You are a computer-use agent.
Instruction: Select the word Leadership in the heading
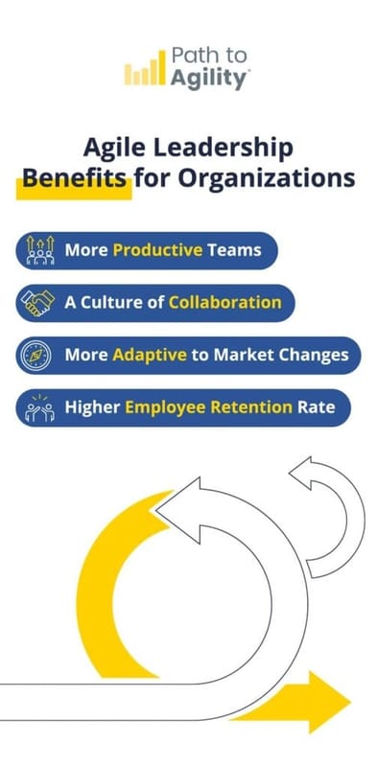234,149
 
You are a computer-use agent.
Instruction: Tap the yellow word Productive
157,250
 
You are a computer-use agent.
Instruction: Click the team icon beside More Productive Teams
39,250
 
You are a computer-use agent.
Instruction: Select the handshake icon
39,302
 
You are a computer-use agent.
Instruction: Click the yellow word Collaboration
224,302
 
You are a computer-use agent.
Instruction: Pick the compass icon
39,355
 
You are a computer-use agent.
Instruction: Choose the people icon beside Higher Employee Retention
39,407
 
